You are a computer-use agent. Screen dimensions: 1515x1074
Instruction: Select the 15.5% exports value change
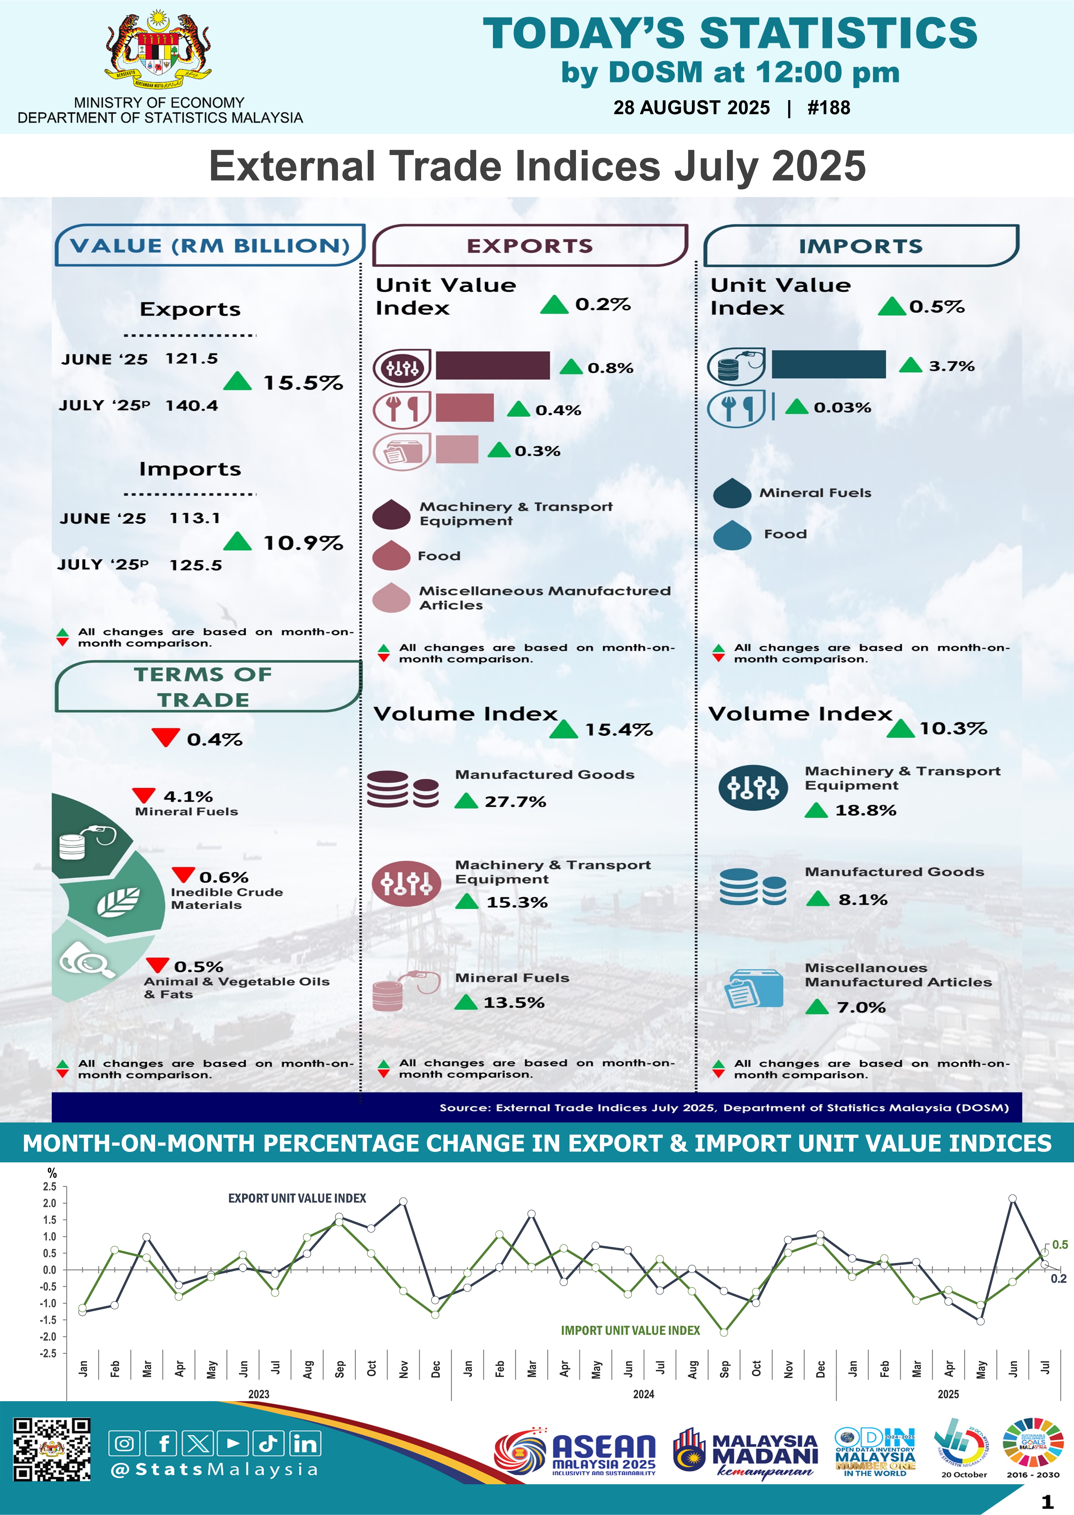303,383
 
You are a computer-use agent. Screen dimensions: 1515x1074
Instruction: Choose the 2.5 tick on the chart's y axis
50,1186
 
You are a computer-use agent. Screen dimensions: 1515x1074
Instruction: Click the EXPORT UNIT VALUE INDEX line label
297,1198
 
